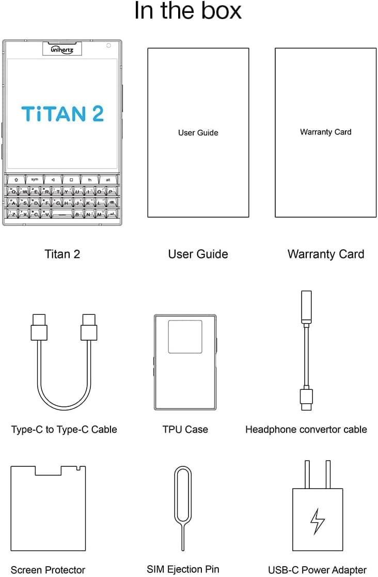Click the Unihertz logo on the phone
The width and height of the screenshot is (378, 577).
62,50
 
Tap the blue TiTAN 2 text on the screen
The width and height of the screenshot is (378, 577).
62,113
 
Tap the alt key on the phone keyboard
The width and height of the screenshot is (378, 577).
108,179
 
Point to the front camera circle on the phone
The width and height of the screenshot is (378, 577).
108,46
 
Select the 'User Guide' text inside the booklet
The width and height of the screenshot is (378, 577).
198,133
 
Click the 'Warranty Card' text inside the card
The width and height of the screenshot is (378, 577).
325,132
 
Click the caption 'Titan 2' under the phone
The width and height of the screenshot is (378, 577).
62,254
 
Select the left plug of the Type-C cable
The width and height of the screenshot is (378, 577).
39,328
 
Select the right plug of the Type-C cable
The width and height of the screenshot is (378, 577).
89,328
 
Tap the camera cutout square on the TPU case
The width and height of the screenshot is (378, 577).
185,336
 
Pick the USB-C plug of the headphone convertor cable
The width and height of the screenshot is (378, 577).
306,398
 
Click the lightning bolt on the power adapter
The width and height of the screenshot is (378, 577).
317,521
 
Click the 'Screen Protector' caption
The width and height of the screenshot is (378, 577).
48,570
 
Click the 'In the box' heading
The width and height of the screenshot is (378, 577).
188,11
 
